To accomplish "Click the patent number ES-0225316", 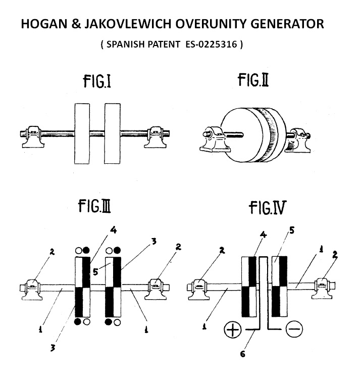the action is point(211,44).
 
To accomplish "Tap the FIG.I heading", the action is point(97,81).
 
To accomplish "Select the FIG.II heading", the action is point(253,80).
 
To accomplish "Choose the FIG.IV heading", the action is point(267,208).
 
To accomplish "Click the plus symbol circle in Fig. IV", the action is point(233,330).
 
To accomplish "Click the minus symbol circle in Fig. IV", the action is point(294,329).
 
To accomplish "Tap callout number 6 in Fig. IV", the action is point(243,354).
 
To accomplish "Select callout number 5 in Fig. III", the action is point(95,272).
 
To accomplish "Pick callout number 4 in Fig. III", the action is point(114,230).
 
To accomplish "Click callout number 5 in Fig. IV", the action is point(292,230).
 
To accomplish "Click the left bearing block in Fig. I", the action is point(33,137).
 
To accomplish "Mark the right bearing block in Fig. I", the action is point(155,137).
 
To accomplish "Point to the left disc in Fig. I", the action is point(82,133).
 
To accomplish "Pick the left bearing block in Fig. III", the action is point(32,290).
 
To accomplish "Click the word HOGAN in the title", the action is point(44,24).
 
